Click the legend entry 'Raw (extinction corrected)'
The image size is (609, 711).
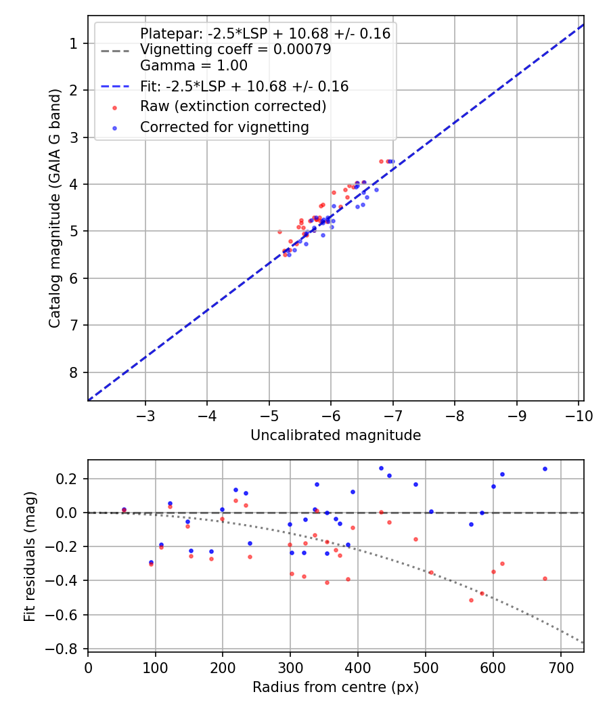tap(233, 107)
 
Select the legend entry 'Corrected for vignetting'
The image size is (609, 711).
tap(224, 127)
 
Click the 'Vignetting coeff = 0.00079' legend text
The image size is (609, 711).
tap(235, 49)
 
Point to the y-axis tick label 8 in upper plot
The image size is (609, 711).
tap(74, 372)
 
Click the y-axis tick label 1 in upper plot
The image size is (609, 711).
tap(74, 43)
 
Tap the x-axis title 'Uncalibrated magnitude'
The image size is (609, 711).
tap(336, 435)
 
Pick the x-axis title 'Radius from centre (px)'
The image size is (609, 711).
tap(336, 687)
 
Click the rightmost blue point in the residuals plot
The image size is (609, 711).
tap(545, 469)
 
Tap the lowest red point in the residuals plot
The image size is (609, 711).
tap(471, 600)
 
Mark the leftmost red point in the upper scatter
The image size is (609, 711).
tap(279, 232)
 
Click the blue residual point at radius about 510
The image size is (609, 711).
tap(431, 511)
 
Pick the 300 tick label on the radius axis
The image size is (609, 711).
tap(290, 668)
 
